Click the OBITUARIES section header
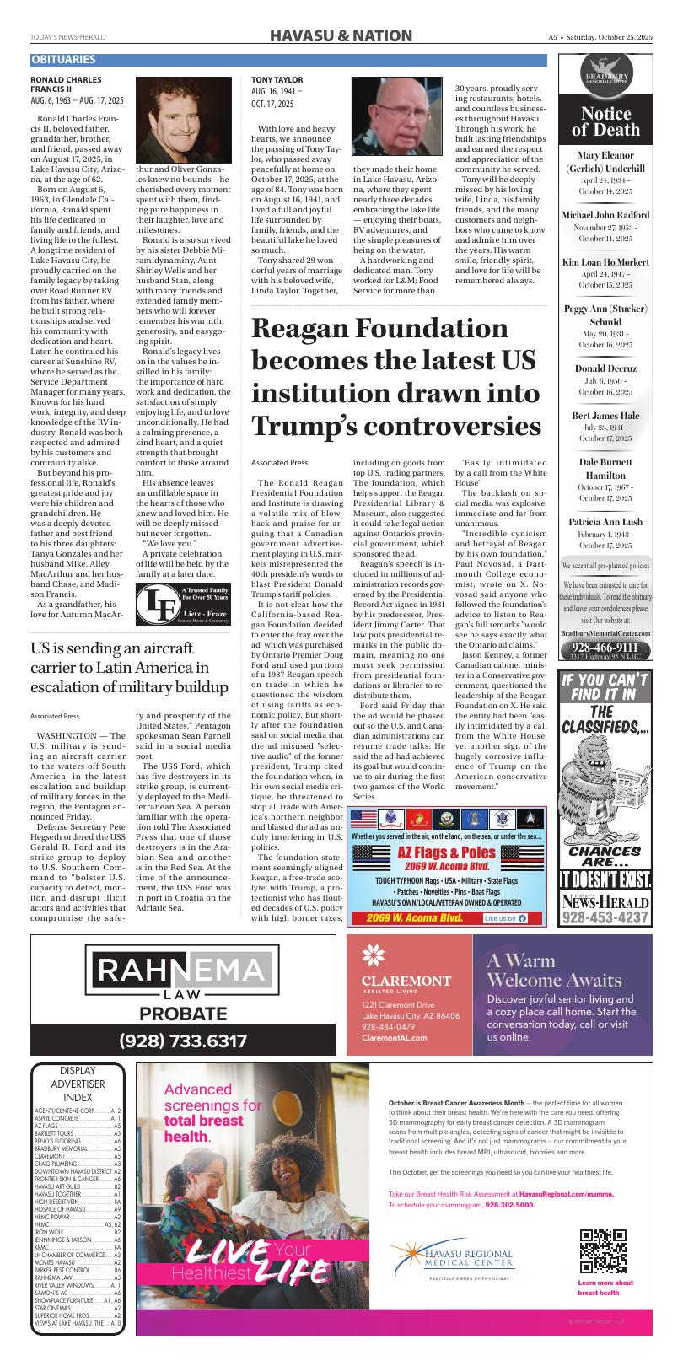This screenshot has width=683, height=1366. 64,60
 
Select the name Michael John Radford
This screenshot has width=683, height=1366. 605,215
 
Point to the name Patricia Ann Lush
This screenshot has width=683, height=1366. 605,522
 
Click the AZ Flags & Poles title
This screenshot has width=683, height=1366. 447,852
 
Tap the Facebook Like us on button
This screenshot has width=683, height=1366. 506,918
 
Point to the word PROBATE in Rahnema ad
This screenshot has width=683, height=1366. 182,1013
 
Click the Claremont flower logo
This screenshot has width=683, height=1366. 372,955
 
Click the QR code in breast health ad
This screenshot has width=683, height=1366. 603,1251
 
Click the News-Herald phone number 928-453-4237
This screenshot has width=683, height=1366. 605,917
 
